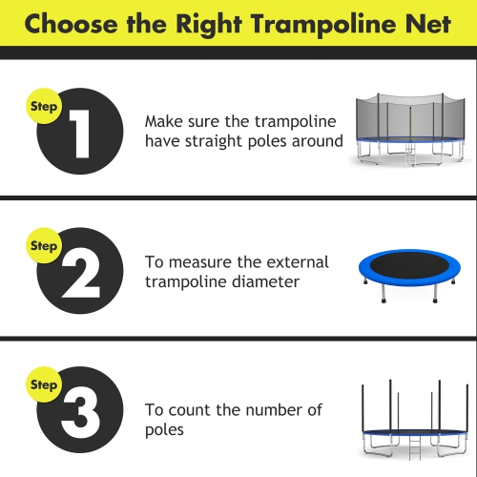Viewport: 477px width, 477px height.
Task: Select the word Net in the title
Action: [x=427, y=24]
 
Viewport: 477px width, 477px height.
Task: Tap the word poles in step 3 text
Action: [x=164, y=429]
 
